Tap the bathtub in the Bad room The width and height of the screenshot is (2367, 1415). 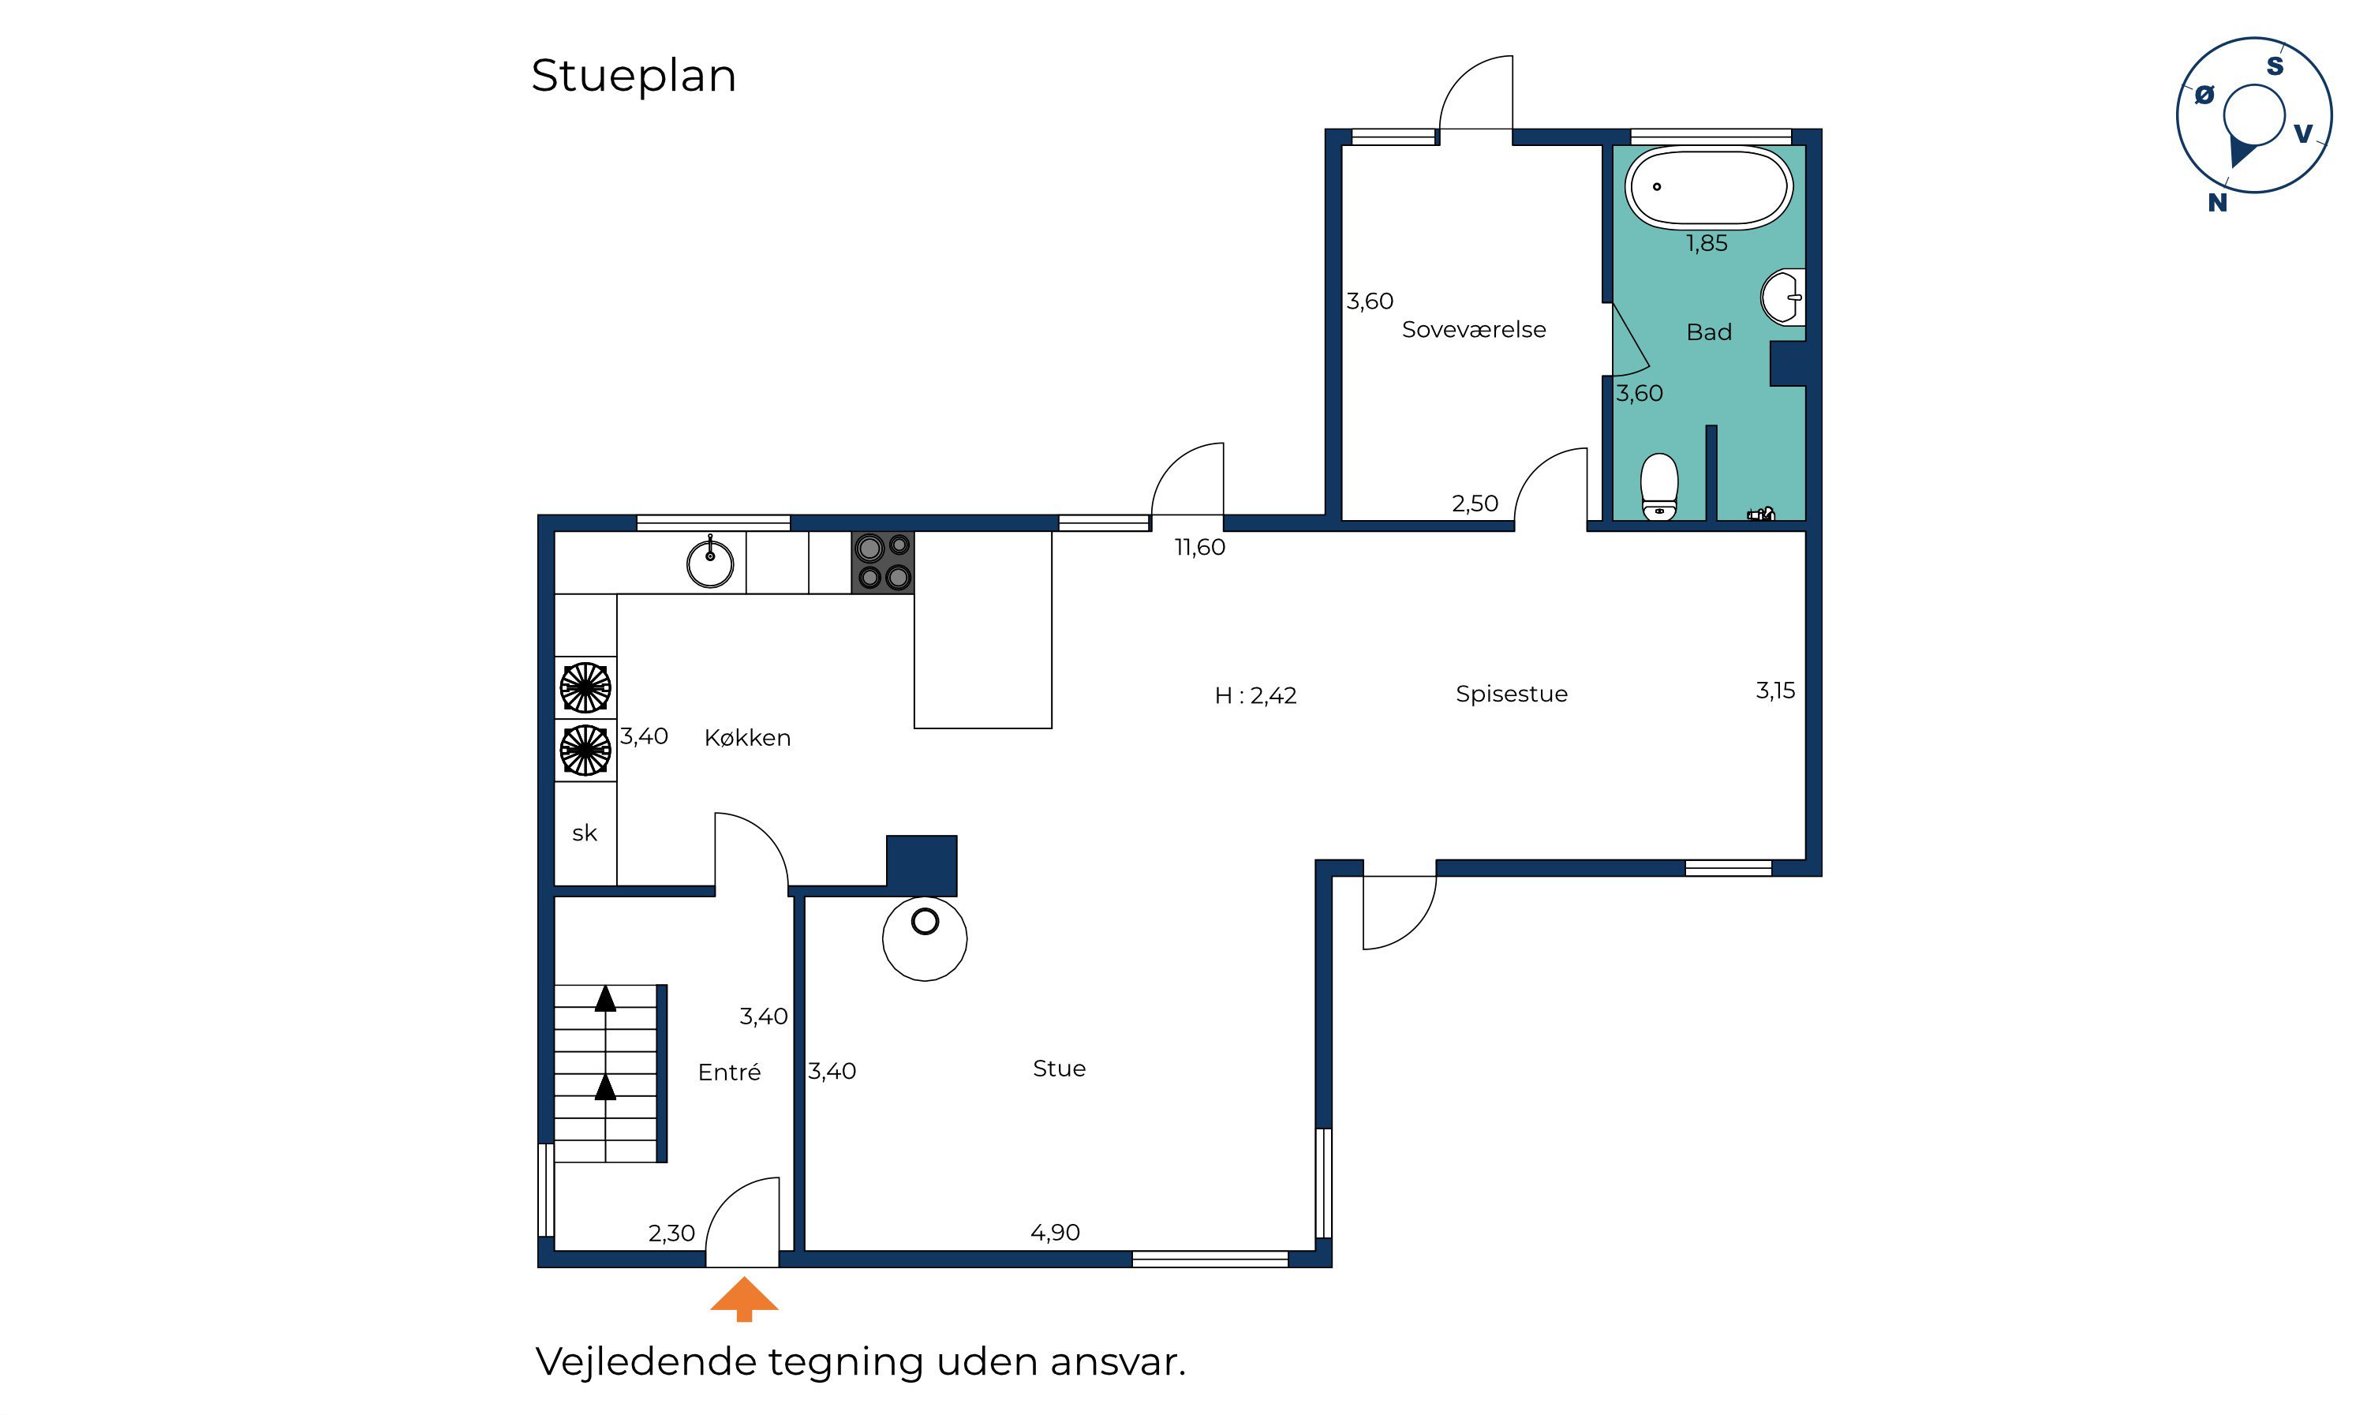click(x=1708, y=188)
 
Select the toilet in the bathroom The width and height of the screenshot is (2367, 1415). click(x=1660, y=486)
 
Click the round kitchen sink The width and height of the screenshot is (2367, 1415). click(x=710, y=563)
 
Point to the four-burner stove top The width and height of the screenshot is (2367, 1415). click(x=883, y=563)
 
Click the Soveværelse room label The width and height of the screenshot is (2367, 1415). click(x=1474, y=330)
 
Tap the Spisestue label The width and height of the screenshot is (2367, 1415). click(x=1511, y=694)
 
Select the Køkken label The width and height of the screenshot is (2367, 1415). click(x=747, y=738)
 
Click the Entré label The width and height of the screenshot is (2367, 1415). click(x=729, y=1072)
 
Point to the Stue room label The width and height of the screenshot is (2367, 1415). click(x=1059, y=1069)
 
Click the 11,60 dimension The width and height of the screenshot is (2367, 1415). click(x=1199, y=548)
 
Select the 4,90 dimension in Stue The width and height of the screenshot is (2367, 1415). click(x=1055, y=1233)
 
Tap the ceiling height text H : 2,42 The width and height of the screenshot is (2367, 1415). click(x=1255, y=696)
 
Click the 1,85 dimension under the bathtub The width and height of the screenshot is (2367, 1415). click(x=1707, y=244)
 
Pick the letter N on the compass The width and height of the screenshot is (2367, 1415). click(x=2217, y=202)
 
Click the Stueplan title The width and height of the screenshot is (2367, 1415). click(x=634, y=75)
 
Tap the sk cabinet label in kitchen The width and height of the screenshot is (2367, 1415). click(x=585, y=833)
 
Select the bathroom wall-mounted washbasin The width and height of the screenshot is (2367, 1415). click(x=1782, y=298)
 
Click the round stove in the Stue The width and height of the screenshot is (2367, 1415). click(x=925, y=939)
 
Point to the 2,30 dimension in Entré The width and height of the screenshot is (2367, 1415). click(x=672, y=1233)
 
